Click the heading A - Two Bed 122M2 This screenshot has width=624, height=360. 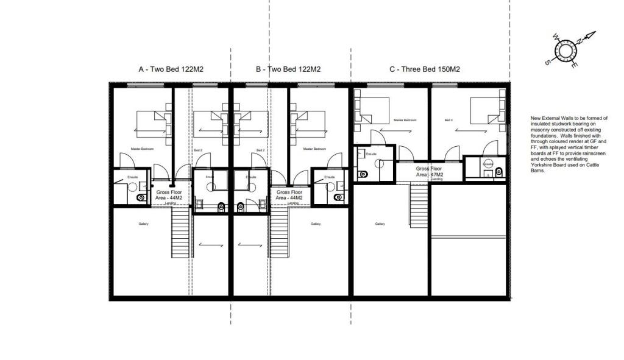(x=171, y=69)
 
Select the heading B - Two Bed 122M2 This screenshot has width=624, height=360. (x=288, y=69)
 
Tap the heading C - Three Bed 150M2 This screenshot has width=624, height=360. (x=424, y=69)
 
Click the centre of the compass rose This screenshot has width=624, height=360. (x=565, y=52)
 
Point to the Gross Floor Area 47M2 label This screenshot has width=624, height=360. (x=430, y=171)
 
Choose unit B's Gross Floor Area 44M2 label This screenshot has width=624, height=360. (x=288, y=195)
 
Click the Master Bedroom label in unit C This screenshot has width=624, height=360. (x=405, y=121)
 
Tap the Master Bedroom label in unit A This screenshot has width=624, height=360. (x=142, y=149)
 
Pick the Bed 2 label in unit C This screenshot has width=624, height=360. (x=448, y=121)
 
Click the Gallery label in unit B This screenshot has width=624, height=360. (x=316, y=224)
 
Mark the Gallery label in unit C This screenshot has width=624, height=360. (x=380, y=224)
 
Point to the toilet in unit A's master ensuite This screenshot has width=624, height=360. (x=142, y=197)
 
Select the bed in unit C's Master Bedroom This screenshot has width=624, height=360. (x=372, y=110)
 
